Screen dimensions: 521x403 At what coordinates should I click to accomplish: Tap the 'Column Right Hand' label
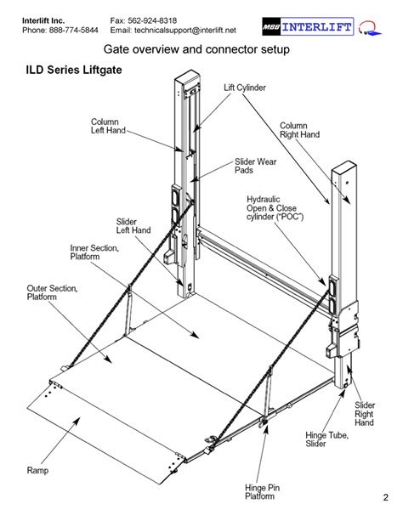299,129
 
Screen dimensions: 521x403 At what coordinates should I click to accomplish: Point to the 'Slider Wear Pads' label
255,165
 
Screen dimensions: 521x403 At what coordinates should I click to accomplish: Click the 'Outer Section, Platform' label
52,293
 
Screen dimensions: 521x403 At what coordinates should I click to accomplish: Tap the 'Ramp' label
37,469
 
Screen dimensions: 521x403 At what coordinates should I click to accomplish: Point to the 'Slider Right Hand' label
364,414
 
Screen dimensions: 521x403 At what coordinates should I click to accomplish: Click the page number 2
385,496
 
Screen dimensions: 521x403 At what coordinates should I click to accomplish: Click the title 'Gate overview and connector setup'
196,50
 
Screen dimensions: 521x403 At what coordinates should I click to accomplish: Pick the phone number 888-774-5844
72,30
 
